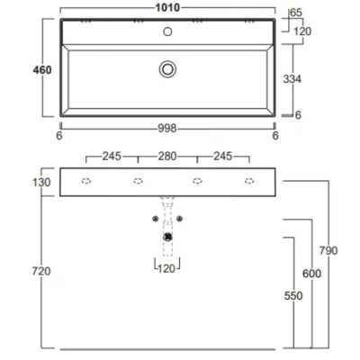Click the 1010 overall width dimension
[167, 7]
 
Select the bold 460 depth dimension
[42, 70]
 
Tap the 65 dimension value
[296, 13]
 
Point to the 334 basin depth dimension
[292, 79]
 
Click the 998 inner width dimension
[167, 129]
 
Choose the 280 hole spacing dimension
[167, 156]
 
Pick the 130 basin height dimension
[41, 183]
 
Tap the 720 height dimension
[41, 271]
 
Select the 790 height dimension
[328, 250]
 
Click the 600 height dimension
[311, 274]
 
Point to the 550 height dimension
[293, 296]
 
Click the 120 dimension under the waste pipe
[166, 269]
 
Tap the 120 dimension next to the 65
[302, 31]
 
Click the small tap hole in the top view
[167, 31]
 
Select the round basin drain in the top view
[167, 69]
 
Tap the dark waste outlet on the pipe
[167, 238]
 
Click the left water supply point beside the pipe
[156, 219]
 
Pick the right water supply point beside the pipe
[179, 219]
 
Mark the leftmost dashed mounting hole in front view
[86, 181]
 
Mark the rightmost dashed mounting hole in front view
[249, 181]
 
